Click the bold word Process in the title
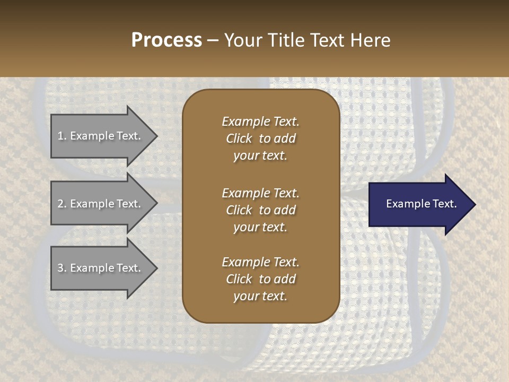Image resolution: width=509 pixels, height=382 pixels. click(166, 40)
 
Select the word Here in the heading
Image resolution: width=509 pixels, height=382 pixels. click(371, 40)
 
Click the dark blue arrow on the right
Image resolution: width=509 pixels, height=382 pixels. click(419, 204)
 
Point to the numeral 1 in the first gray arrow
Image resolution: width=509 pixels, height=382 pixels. click(60, 136)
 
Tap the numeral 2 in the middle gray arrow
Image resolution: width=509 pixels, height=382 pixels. click(60, 204)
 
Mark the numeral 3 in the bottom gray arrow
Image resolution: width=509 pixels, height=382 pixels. click(60, 268)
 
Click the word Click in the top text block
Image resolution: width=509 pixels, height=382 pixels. click(239, 138)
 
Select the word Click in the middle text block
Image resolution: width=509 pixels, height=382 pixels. click(239, 210)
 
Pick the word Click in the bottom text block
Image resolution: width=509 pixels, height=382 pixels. click(239, 279)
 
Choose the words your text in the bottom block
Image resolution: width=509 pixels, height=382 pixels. click(260, 297)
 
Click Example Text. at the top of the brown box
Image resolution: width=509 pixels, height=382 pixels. click(260, 121)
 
